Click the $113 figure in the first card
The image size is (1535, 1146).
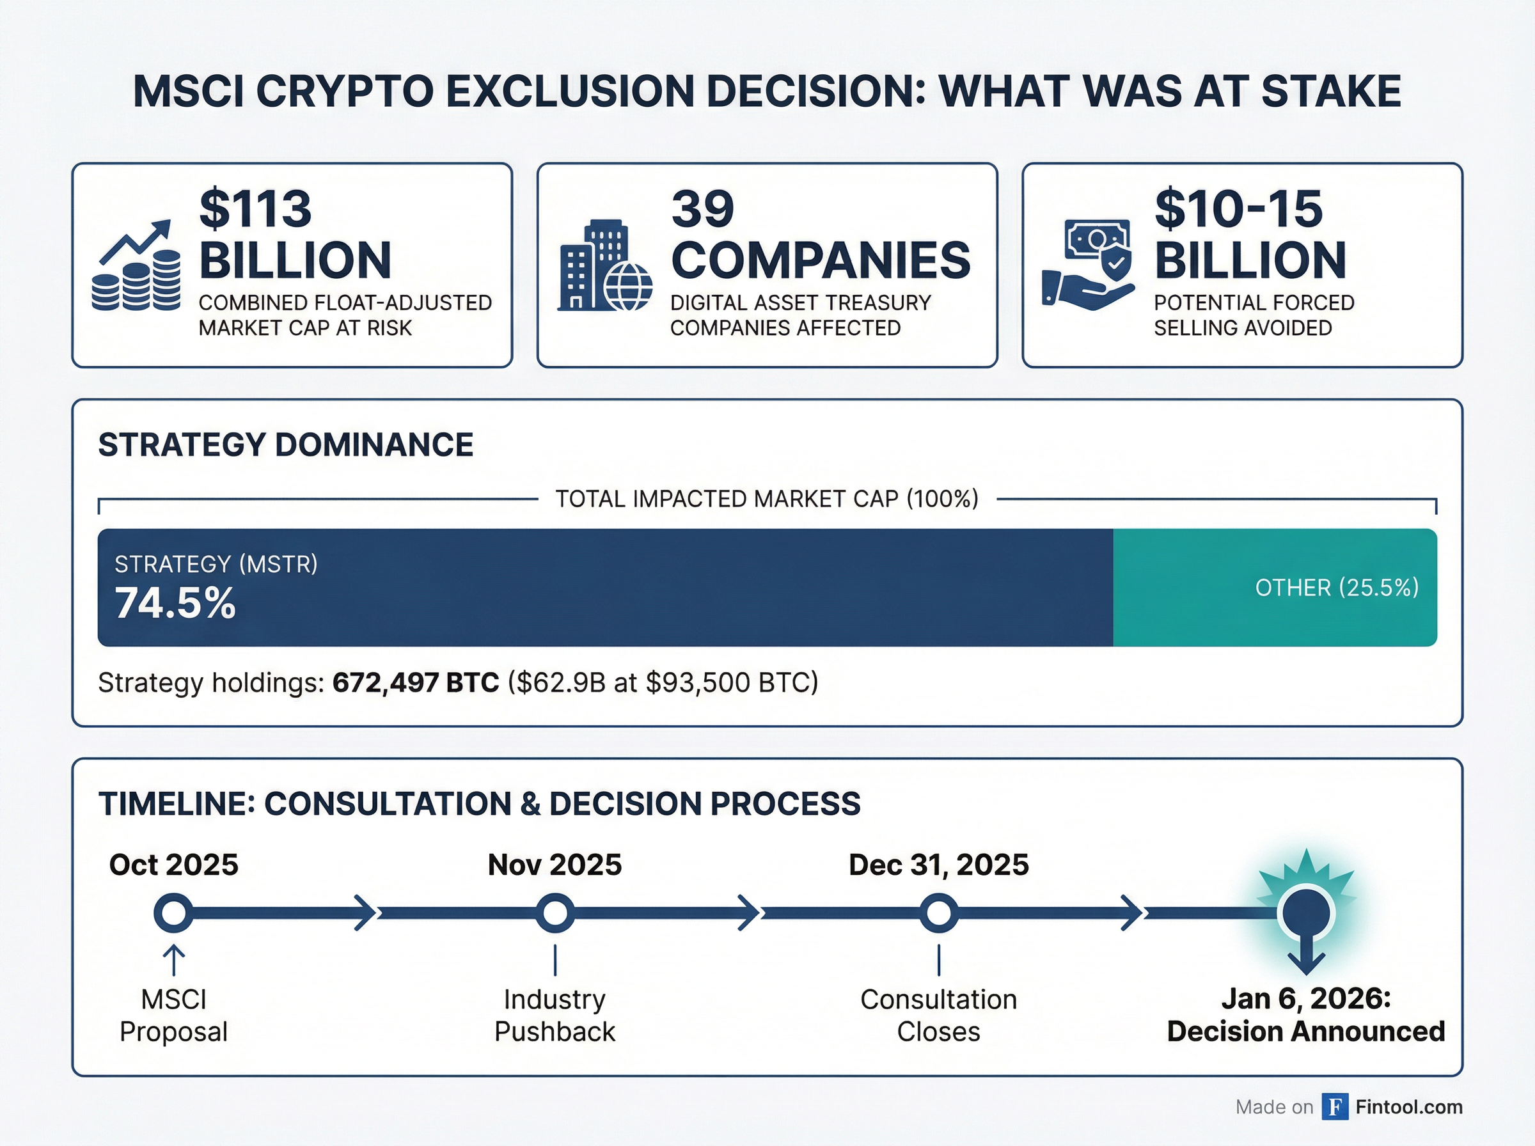(255, 209)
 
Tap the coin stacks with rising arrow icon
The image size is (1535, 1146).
(136, 265)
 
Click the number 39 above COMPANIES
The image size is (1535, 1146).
(703, 209)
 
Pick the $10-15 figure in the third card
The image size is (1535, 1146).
(1239, 209)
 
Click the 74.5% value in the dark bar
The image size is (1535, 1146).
(175, 603)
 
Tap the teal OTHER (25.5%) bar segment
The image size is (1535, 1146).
(1275, 588)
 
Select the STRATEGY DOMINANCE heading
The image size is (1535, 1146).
(286, 444)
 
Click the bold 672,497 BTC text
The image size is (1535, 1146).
(416, 682)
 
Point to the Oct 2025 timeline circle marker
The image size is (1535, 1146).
(173, 913)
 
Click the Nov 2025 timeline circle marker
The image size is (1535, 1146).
(555, 913)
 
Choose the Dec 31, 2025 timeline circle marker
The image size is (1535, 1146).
(938, 913)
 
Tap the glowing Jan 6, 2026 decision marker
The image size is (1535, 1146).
(1307, 913)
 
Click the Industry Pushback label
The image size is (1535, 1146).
(555, 1016)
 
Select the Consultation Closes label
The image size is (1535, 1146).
(938, 1016)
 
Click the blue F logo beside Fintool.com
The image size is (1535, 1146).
(1335, 1107)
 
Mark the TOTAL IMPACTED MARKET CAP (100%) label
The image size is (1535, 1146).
(767, 499)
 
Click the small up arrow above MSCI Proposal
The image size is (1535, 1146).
(173, 961)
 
